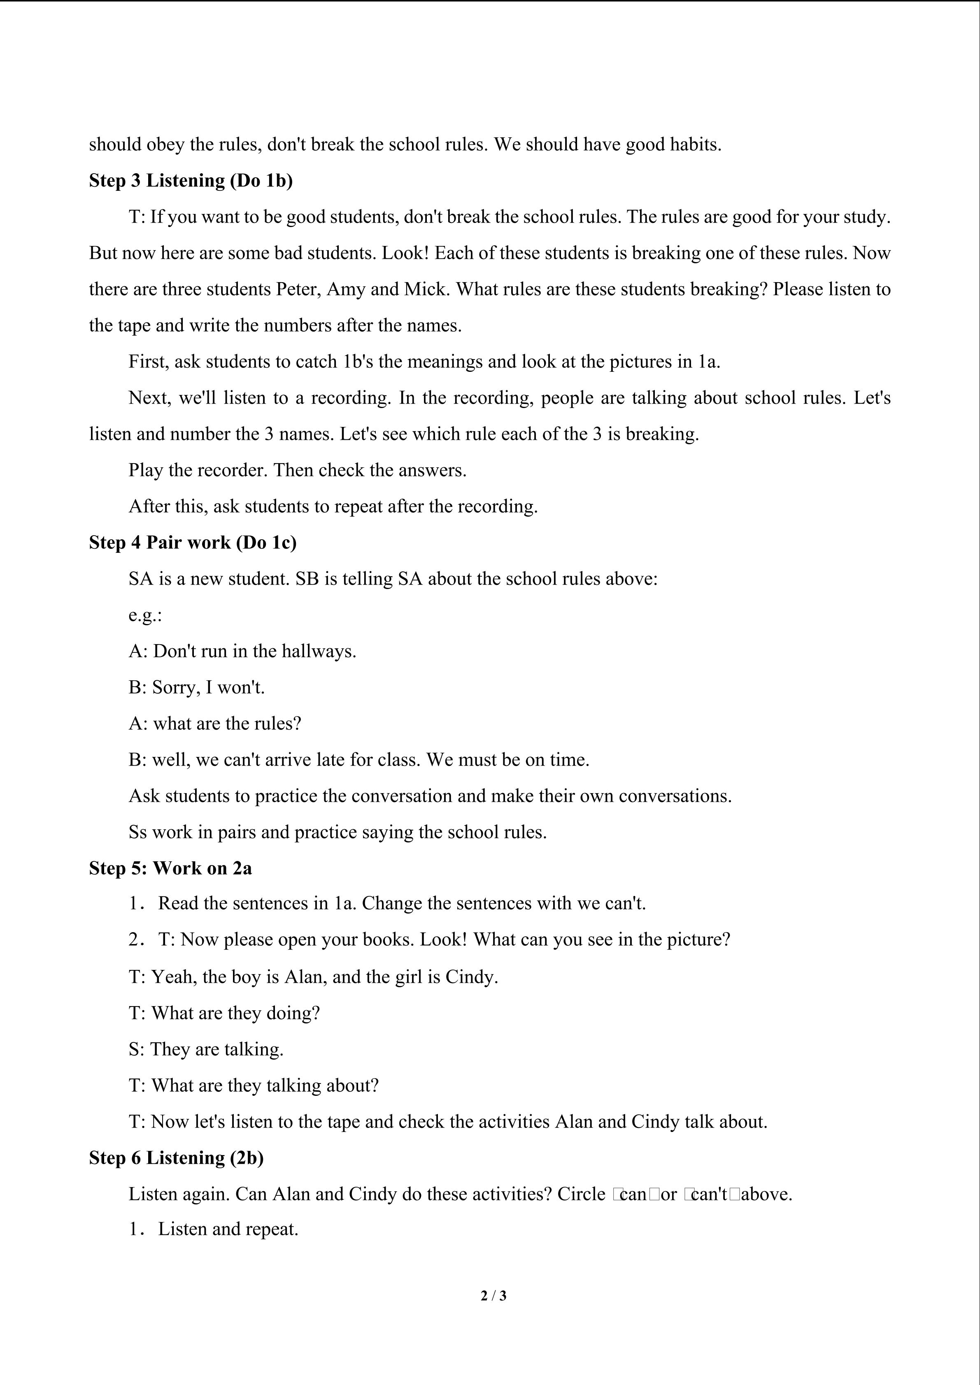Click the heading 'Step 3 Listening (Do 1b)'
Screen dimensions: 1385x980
[x=191, y=180]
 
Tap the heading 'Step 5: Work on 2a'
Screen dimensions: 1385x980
[x=170, y=868]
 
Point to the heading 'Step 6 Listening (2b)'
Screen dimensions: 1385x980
[x=176, y=1158]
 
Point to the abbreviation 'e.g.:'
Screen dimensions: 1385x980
[x=145, y=615]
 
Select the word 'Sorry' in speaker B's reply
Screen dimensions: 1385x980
[x=175, y=688]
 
